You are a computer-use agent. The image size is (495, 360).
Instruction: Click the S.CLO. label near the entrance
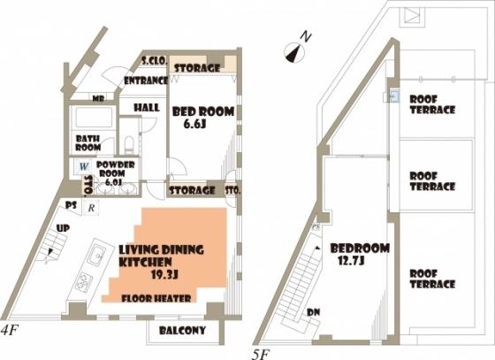point(154,62)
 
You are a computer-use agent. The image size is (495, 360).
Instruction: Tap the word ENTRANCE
point(146,80)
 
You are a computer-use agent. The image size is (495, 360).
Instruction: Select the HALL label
point(146,108)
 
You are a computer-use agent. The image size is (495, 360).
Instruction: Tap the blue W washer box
point(83,165)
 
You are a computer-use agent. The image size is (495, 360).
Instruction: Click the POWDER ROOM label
point(116,169)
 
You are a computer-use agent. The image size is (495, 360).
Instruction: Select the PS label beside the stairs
point(71,205)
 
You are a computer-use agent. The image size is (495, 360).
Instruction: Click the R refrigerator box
point(93,209)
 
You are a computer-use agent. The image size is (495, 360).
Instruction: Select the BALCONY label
point(182,331)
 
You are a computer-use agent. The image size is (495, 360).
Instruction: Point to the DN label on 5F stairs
point(314,312)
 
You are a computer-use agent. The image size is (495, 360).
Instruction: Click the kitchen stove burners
point(83,283)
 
